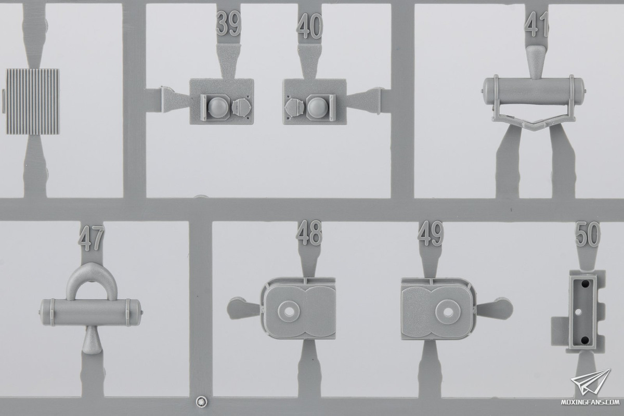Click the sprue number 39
pos(228,23)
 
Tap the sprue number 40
pos(309,26)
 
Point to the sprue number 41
pos(536,24)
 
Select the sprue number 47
pos(91,238)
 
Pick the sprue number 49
pos(430,233)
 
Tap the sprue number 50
pos(588,234)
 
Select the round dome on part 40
pos(318,107)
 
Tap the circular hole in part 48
pos(289,311)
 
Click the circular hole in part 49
pos(448,312)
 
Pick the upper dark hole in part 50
pos(584,284)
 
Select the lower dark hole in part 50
pos(584,340)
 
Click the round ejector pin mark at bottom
pos(201,401)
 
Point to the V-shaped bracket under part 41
pos(532,121)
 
